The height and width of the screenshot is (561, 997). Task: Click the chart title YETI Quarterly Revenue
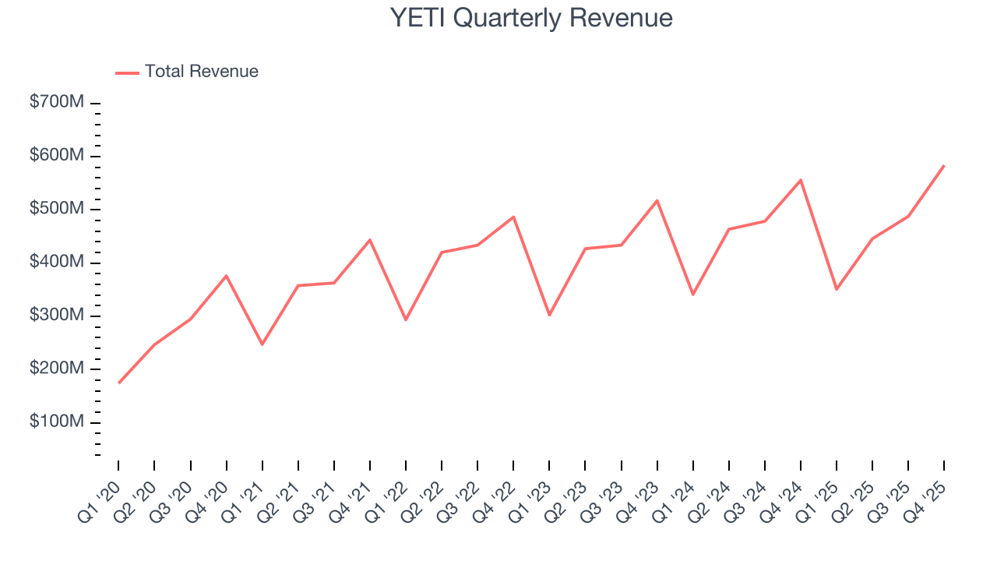point(531,18)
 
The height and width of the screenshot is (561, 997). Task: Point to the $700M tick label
point(56,103)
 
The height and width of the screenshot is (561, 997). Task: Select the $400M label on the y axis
point(56,263)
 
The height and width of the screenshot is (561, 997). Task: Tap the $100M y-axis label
point(56,422)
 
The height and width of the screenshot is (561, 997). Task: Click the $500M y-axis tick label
point(56,210)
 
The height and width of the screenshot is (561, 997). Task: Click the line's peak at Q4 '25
point(944,165)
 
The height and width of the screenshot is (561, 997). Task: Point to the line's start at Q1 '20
point(118,383)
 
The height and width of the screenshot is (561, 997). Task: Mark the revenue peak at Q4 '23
point(657,200)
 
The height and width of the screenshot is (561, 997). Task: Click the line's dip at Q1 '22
point(406,319)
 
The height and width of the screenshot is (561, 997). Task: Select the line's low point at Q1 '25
point(837,289)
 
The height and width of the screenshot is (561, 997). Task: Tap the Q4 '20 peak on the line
point(226,276)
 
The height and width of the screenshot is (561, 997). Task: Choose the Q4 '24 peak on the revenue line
point(801,180)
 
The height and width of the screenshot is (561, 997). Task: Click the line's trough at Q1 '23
point(549,315)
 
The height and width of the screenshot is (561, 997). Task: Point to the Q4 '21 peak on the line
point(370,239)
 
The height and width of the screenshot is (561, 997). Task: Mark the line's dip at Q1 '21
point(262,344)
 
